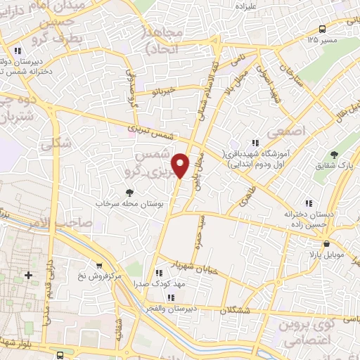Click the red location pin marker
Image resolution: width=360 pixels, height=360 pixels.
[x=182, y=165]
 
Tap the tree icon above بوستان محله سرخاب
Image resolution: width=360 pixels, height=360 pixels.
[x=129, y=193]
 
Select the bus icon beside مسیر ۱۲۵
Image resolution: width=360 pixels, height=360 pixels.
[x=322, y=29]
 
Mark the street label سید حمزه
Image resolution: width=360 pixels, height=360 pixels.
[x=200, y=226]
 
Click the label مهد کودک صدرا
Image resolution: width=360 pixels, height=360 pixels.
[x=157, y=284]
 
